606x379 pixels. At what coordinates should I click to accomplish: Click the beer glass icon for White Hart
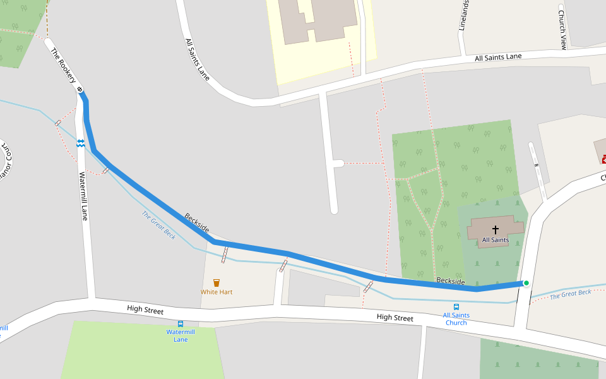click(x=217, y=282)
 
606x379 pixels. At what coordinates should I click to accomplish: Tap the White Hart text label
click(x=217, y=292)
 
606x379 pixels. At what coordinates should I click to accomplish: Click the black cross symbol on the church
click(x=496, y=230)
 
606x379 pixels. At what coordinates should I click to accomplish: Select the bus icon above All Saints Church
click(x=456, y=307)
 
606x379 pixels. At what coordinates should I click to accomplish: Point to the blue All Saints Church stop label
click(x=456, y=319)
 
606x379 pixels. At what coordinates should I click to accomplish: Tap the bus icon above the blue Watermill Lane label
click(x=181, y=323)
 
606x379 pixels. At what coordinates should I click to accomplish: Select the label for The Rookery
click(x=63, y=66)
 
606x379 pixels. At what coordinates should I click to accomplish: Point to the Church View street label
click(x=561, y=28)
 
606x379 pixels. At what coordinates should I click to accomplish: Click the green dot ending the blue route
click(x=526, y=283)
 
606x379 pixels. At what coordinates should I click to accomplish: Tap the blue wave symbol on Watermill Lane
click(x=80, y=143)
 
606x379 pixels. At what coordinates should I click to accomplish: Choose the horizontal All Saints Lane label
click(x=498, y=57)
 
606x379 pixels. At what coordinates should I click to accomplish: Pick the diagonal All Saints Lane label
click(x=198, y=59)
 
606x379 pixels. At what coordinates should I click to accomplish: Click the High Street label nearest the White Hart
click(x=145, y=311)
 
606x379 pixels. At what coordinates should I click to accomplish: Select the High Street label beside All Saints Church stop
click(x=395, y=318)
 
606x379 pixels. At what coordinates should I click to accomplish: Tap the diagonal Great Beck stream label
click(x=158, y=225)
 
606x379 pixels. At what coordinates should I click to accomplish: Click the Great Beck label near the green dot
click(x=570, y=294)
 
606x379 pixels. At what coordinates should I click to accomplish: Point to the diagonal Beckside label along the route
click(x=196, y=223)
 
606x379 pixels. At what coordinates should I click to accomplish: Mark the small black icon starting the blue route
click(x=80, y=90)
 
